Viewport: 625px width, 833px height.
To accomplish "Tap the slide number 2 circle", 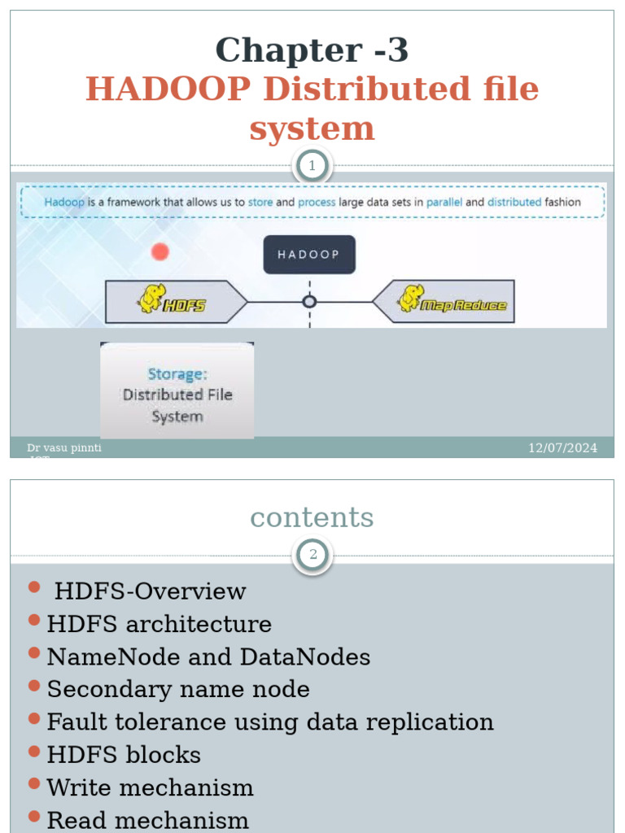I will click(312, 556).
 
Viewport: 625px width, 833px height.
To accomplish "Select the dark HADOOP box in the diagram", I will click(309, 254).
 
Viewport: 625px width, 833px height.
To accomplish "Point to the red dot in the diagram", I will click(160, 251).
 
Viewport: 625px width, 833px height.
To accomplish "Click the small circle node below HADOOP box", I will click(309, 302).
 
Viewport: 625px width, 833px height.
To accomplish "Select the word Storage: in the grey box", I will click(177, 374).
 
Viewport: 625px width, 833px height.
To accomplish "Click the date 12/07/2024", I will click(562, 448).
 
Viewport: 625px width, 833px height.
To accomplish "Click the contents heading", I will click(312, 517).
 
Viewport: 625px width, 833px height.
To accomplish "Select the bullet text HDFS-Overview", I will click(150, 591).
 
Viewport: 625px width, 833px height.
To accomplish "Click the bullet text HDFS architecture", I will click(159, 624).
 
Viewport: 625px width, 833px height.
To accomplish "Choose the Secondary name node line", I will click(178, 689).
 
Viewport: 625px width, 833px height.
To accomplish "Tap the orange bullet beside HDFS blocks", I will click(33, 752).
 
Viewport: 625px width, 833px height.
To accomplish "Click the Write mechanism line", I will click(150, 787).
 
